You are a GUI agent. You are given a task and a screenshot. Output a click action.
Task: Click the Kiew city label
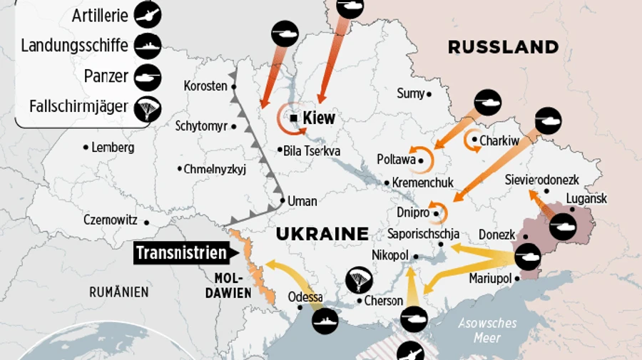point(318,118)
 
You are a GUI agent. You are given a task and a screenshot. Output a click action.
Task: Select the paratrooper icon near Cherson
point(358,280)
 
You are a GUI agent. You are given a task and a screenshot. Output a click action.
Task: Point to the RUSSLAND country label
point(503,47)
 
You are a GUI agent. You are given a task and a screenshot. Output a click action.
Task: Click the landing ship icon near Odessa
point(325,321)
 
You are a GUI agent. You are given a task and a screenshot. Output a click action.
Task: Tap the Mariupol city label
point(491,278)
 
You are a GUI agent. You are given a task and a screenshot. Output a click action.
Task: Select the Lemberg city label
point(113,148)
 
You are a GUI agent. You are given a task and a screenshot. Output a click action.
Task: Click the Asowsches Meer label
point(488,329)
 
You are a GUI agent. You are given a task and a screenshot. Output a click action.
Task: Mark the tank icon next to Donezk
point(528,255)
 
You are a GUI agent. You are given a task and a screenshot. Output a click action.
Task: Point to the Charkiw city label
point(499,141)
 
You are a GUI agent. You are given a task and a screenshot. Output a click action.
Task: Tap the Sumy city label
point(410,93)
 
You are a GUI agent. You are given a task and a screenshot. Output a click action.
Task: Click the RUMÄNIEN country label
point(118,292)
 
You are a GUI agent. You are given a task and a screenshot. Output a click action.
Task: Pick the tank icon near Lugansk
point(563,225)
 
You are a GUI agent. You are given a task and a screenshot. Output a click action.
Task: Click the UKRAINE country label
point(322,233)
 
